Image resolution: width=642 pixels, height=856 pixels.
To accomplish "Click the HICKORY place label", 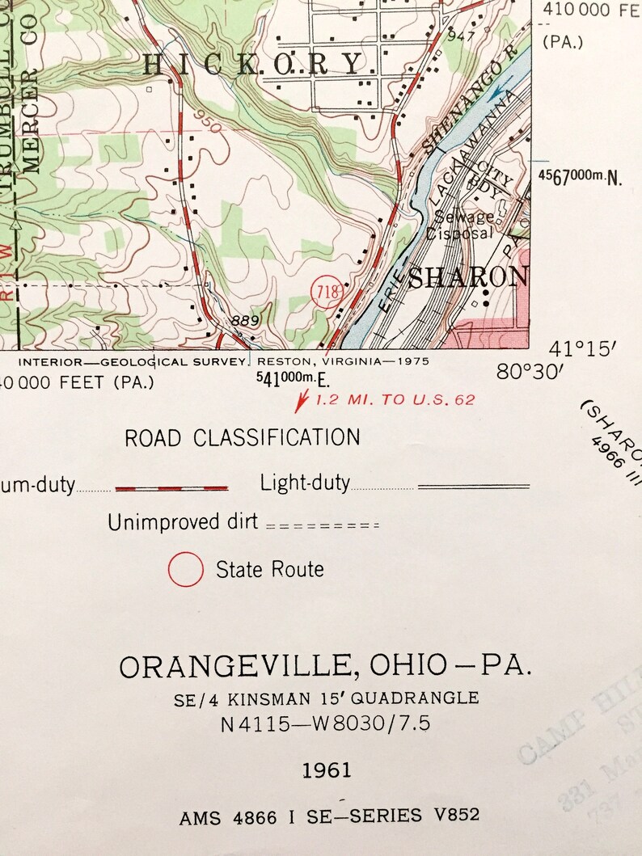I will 253,64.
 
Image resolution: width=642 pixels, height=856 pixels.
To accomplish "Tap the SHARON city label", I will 467,277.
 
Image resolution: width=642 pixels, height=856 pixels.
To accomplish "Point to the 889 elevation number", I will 244,321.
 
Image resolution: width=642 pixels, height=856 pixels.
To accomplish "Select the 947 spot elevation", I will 459,36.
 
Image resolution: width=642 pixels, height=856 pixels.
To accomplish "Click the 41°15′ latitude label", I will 582,349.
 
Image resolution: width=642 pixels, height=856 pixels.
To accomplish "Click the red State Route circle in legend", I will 185,569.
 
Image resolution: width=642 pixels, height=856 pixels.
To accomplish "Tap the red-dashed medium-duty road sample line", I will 171,487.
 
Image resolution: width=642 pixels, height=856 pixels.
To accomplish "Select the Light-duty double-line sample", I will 473,487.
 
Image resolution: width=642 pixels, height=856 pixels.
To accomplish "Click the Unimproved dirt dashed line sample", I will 322,525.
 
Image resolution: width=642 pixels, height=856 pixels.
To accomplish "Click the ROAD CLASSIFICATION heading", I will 242,438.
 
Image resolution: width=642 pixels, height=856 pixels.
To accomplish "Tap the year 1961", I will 327,770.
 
